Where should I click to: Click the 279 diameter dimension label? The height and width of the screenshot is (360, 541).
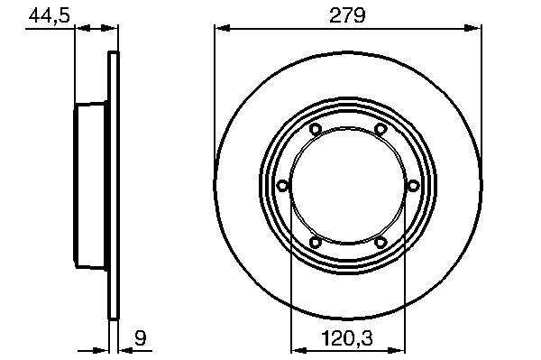coord(347,16)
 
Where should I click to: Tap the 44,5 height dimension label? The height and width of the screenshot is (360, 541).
coord(49,16)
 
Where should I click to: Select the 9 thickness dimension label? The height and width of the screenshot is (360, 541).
coord(140,338)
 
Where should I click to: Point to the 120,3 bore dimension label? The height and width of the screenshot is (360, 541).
coord(347,338)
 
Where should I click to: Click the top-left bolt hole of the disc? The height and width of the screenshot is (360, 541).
coord(315,129)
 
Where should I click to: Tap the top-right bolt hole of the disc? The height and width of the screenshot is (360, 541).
coord(381,129)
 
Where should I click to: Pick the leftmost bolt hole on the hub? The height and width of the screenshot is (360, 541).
coord(283,186)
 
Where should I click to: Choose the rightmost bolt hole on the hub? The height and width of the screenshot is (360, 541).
coord(413,186)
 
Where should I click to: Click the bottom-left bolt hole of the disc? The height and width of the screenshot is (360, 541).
coord(315,242)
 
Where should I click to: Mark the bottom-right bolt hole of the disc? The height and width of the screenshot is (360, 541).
coord(381,242)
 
